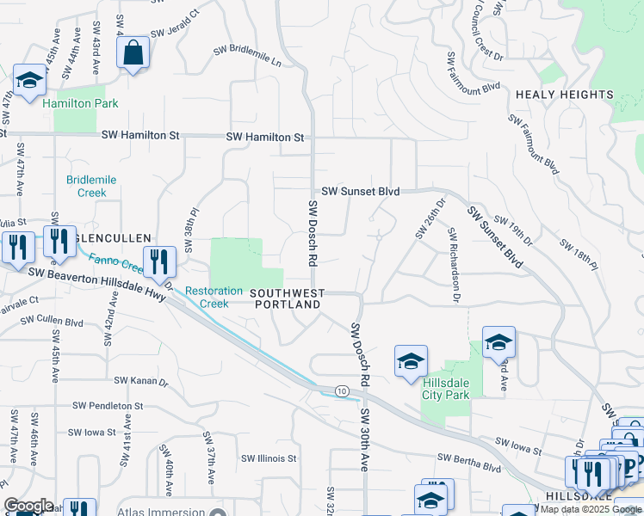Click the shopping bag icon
(133, 53)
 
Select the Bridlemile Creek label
(91, 186)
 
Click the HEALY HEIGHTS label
(565, 95)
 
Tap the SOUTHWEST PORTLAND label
(288, 300)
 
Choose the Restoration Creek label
(214, 298)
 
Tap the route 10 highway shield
(343, 391)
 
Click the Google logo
(28, 506)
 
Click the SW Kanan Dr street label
(141, 379)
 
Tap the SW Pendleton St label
(108, 405)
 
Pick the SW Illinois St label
(269, 458)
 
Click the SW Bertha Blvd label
(469, 463)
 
